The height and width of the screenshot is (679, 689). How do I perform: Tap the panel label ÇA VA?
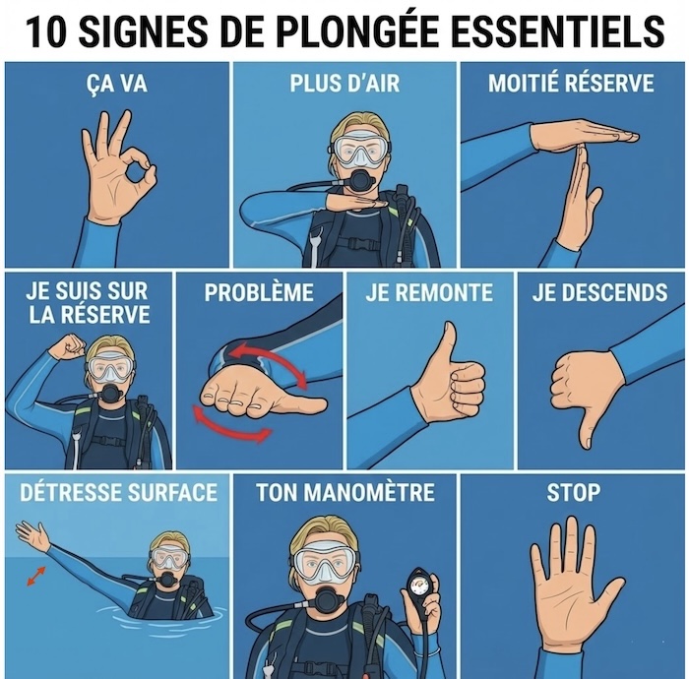point(116,83)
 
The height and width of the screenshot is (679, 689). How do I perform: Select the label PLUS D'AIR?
point(344,83)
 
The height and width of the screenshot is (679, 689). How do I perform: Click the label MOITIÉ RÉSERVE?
point(571,83)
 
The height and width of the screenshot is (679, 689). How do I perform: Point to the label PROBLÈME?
point(259,292)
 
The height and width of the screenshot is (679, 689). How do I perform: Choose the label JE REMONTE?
point(429,292)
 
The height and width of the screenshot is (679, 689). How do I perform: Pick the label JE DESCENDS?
point(600,292)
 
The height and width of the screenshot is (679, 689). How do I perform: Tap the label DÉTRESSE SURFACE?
point(119,492)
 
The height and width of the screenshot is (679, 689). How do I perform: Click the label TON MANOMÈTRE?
point(345,492)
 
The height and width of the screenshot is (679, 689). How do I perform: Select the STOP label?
point(574,492)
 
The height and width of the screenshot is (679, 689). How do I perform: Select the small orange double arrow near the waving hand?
point(36,577)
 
